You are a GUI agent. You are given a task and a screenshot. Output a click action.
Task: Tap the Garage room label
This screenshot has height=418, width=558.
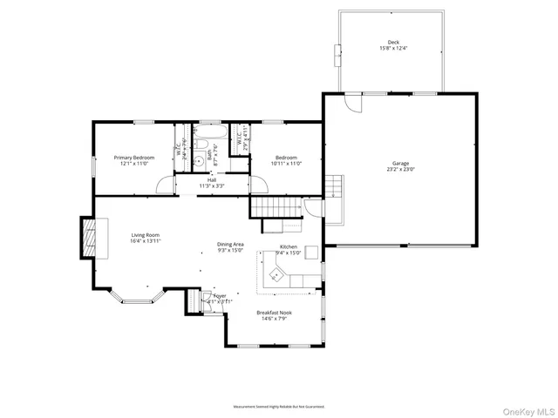[400, 164]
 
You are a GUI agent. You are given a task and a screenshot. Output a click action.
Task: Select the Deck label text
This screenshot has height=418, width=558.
[393, 42]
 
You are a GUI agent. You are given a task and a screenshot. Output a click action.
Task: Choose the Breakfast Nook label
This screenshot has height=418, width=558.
[274, 313]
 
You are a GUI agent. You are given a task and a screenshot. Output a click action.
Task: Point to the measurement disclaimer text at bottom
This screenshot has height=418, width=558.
[278, 406]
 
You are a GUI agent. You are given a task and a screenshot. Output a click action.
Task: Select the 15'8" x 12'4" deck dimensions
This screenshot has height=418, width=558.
[393, 49]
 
